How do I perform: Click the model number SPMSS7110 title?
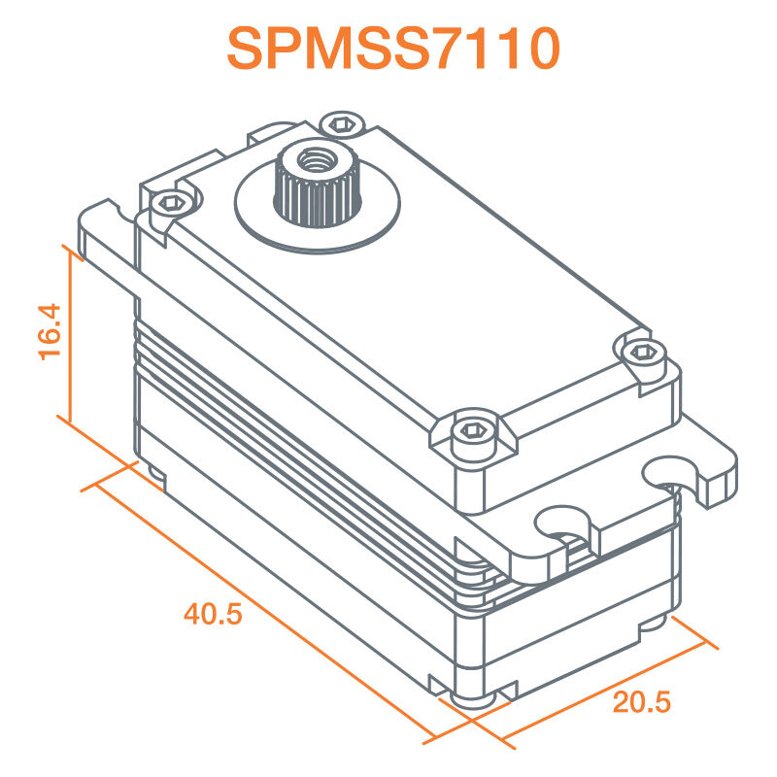point(393,49)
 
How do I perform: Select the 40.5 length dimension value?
point(212,614)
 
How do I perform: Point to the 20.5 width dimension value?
point(642,701)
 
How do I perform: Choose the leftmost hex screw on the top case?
point(171,201)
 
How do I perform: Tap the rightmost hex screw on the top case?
point(640,351)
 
